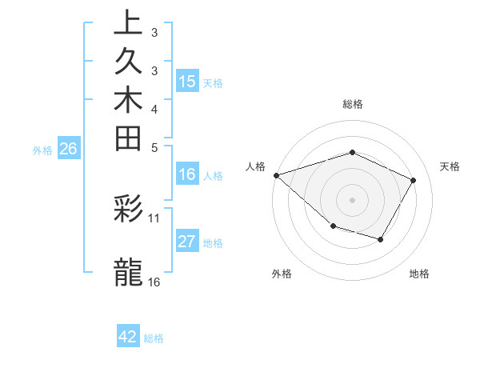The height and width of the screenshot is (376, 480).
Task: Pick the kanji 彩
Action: (x=128, y=210)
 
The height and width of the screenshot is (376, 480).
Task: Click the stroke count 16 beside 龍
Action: (x=154, y=282)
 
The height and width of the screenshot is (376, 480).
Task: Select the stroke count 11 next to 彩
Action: (x=154, y=217)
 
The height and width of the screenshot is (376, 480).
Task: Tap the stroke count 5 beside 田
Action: (x=154, y=146)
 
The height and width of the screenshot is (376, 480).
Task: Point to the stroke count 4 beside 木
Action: (x=154, y=108)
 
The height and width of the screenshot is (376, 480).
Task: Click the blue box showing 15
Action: (x=187, y=81)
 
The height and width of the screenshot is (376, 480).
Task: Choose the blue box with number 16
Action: (x=187, y=174)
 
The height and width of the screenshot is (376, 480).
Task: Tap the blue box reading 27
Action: (x=187, y=242)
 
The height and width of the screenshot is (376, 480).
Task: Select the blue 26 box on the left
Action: (x=69, y=148)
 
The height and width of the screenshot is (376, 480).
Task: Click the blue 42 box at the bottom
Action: (x=128, y=337)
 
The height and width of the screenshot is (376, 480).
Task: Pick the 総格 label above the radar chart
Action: (x=353, y=104)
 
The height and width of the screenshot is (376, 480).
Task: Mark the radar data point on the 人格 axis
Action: (x=276, y=174)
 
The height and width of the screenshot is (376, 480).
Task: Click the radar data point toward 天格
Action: (x=413, y=180)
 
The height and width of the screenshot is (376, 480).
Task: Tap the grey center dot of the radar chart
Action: (x=353, y=199)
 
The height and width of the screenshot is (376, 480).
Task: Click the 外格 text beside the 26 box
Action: (x=42, y=150)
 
